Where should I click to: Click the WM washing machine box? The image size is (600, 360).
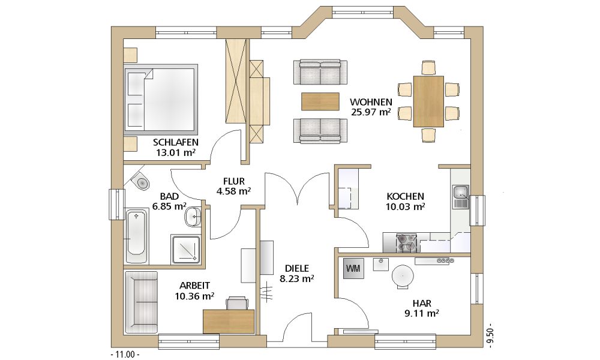point(353,269)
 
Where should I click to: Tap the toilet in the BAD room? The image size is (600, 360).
point(140,181)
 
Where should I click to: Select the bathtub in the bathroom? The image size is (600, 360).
point(136,236)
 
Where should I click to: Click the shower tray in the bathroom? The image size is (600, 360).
point(185,250)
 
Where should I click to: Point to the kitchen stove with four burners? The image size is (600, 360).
point(406,242)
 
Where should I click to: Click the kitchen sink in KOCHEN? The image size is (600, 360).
point(461,197)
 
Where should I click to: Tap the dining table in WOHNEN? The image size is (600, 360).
point(428,101)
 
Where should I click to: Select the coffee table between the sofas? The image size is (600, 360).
point(320,101)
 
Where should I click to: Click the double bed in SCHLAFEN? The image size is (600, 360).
point(160,100)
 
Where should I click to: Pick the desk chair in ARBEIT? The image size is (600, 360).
point(237,302)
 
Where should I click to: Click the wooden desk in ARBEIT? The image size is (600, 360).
point(229,321)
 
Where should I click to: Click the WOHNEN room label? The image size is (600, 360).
point(371,102)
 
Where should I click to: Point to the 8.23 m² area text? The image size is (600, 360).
point(296,279)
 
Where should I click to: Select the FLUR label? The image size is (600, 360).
point(234,181)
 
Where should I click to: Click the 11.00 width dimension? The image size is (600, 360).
point(125,355)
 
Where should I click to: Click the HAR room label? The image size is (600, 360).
point(422,304)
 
